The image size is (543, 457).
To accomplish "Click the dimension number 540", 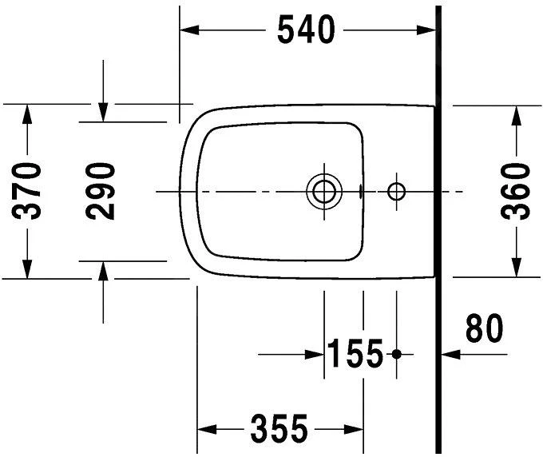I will pyautogui.click(x=306, y=30).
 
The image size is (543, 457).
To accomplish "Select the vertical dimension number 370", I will pyautogui.click(x=30, y=191).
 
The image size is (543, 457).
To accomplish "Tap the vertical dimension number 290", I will pyautogui.click(x=101, y=191).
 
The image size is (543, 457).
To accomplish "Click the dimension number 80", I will pyautogui.click(x=484, y=328).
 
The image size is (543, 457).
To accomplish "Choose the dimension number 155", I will pyautogui.click(x=355, y=354).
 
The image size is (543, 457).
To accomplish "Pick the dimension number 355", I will pyautogui.click(x=279, y=430).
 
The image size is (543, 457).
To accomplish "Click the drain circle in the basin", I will pyautogui.click(x=324, y=191).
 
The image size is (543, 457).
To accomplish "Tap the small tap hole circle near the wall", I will pyautogui.click(x=396, y=191).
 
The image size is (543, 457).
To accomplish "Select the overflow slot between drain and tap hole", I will pyautogui.click(x=363, y=191).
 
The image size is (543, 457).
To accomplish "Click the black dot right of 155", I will pyautogui.click(x=396, y=354).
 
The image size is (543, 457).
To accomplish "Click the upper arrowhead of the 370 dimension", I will pyautogui.click(x=28, y=113).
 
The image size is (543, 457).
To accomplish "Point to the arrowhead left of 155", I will pyautogui.click(x=315, y=353).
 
